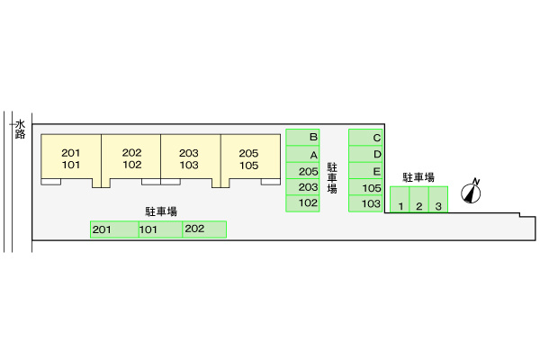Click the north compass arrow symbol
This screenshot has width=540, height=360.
pyautogui.click(x=471, y=192)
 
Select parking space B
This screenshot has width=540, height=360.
pyautogui.click(x=303, y=138)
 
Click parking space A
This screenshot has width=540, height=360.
pyautogui.click(x=303, y=154)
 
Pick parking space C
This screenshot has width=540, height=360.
pyautogui.click(x=366, y=138)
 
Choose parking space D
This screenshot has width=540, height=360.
pyautogui.click(x=366, y=154)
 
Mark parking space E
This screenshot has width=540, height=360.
pyautogui.click(x=366, y=171)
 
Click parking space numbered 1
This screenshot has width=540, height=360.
pyautogui.click(x=400, y=200)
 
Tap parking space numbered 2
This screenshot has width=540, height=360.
pyautogui.click(x=418, y=200)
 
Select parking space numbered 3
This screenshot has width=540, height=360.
pyautogui.click(x=438, y=200)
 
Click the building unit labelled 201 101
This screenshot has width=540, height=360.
pyautogui.click(x=71, y=158)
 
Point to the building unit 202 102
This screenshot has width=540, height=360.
pyautogui.click(x=131, y=158)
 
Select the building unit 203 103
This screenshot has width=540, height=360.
pyautogui.click(x=191, y=158)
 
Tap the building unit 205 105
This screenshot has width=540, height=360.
pyautogui.click(x=249, y=158)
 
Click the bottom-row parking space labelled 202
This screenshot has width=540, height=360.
pyautogui.click(x=203, y=229)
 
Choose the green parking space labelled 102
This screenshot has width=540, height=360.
pyautogui.click(x=303, y=204)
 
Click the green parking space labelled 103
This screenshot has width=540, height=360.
pyautogui.click(x=366, y=204)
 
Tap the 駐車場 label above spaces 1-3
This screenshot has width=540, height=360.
pyautogui.click(x=419, y=177)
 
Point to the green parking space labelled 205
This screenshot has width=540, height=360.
pyautogui.click(x=303, y=171)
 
